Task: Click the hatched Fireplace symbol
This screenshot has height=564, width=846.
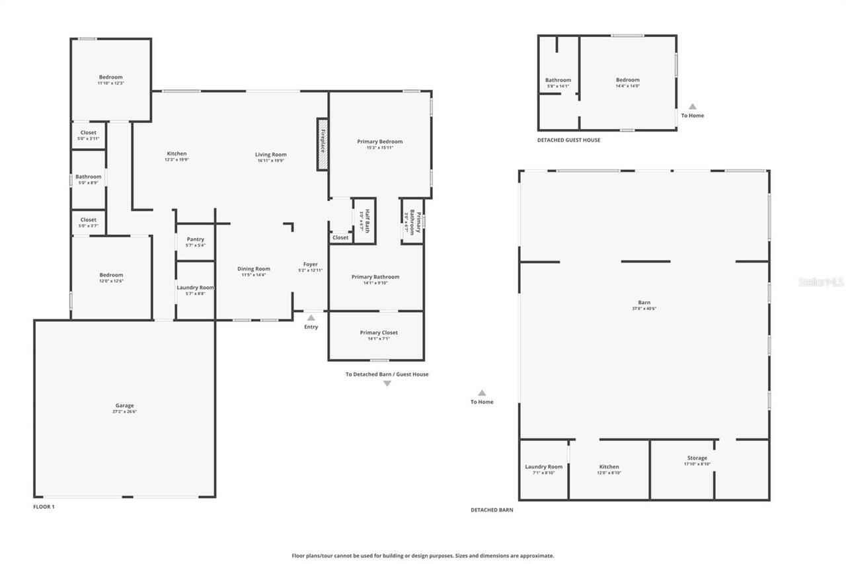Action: point(323,145)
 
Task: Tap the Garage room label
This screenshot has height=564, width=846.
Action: point(124,405)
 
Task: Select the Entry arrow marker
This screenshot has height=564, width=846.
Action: point(311,318)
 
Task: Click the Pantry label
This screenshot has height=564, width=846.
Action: point(196,239)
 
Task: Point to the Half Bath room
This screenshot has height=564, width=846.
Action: point(364,220)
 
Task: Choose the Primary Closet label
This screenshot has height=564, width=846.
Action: point(379,333)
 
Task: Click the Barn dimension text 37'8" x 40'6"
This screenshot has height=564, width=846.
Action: point(644,309)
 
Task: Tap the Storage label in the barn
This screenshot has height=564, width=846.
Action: point(697,458)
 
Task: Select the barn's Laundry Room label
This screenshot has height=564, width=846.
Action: point(544,467)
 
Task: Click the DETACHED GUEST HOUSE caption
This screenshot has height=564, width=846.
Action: point(568,140)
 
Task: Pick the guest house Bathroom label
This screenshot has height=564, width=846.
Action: point(558,80)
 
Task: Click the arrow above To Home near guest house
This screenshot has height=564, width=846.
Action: point(693,106)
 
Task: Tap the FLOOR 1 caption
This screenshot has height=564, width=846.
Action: point(44,506)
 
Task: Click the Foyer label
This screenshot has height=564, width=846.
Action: point(311,264)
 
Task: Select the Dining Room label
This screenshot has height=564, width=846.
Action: point(254,268)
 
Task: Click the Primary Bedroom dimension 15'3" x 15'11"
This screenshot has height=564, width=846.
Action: point(379,147)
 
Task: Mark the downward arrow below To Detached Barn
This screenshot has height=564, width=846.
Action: point(387,383)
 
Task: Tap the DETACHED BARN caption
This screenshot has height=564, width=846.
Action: point(492,510)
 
